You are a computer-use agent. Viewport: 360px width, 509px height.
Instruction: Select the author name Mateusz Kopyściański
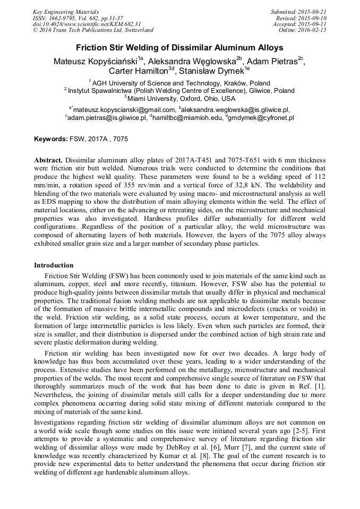pos(95,61)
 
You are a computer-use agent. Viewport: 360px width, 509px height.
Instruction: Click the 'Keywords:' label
pos(51,139)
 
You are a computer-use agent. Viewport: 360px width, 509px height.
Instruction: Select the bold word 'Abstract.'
pos(49,160)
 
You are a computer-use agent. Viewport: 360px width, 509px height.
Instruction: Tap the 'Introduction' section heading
pos(54,265)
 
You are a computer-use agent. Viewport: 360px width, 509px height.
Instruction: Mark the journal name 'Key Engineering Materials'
pos(66,12)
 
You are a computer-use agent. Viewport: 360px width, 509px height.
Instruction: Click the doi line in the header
pos(87,24)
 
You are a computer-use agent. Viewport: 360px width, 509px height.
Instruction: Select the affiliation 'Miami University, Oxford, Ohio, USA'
pos(181,99)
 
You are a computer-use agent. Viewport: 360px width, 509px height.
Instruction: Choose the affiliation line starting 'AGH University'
pos(181,83)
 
